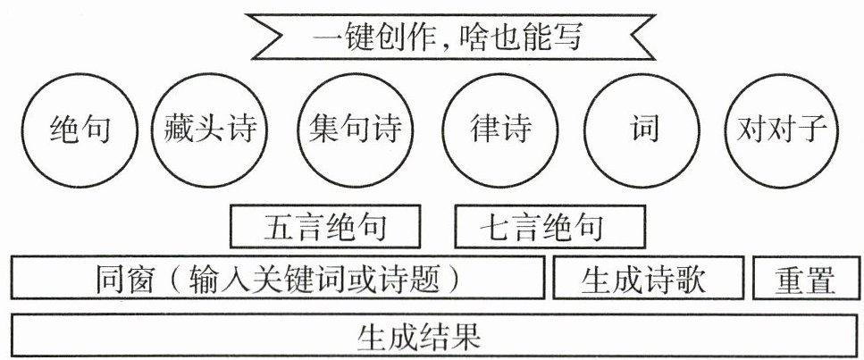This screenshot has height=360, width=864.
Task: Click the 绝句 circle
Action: [x=80, y=130]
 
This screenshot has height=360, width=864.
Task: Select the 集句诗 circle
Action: [x=351, y=130]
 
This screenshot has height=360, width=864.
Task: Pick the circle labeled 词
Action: [x=642, y=130]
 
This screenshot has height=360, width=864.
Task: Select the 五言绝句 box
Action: [x=325, y=227]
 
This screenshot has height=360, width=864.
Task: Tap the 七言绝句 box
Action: [x=549, y=227]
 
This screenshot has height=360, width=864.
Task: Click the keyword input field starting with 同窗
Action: [x=277, y=279]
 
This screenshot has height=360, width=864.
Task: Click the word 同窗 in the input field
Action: [x=122, y=279]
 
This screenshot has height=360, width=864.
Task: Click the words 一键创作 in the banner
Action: [x=373, y=38]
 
